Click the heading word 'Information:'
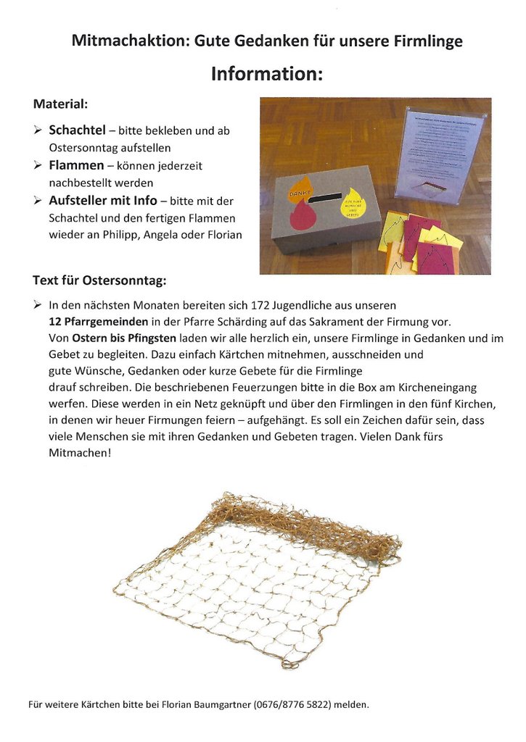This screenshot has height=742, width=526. point(266,74)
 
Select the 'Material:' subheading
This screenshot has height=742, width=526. point(60,104)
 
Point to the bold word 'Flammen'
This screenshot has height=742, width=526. point(76,166)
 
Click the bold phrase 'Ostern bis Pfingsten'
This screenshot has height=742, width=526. point(123,338)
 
